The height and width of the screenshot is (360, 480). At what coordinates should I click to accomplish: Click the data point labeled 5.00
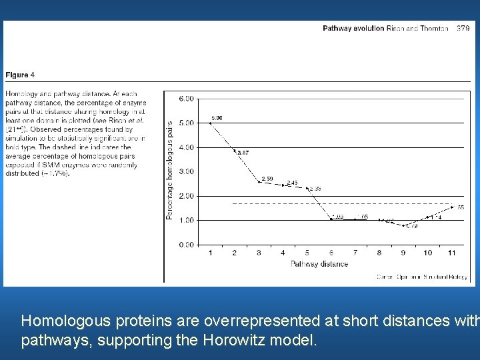click(211, 123)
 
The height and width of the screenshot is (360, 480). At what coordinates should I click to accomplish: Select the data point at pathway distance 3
click(259, 182)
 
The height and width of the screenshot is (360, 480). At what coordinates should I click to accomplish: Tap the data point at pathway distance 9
click(403, 225)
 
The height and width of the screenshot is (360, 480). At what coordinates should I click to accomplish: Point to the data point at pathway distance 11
click(452, 207)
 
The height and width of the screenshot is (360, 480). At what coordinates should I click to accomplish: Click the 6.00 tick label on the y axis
click(187, 99)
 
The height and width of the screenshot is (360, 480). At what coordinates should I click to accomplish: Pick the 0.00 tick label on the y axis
click(187, 245)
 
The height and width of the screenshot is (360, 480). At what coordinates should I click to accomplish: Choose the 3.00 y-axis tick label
click(187, 171)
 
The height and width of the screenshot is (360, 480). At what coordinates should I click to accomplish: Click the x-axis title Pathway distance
click(319, 264)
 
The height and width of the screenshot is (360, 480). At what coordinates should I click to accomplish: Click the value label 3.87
click(242, 153)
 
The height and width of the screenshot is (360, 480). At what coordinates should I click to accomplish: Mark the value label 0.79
click(411, 227)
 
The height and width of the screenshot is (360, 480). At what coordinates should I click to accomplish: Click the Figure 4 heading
click(20, 75)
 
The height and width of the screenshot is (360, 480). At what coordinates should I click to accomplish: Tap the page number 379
click(463, 29)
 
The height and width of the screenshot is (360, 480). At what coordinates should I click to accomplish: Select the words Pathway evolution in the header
click(353, 29)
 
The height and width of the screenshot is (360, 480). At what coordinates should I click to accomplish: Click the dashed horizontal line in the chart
click(333, 203)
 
